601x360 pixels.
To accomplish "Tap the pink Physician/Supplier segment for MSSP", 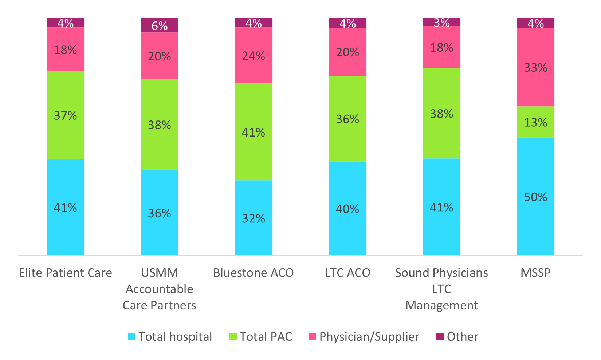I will (535, 87).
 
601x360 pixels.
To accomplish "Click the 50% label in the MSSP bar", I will (535, 197).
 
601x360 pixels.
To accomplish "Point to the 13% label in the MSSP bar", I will (535, 122).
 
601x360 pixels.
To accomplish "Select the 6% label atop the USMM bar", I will (160, 26).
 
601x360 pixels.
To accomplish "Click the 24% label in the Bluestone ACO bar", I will (253, 56).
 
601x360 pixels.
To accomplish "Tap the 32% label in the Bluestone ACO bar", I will (253, 218).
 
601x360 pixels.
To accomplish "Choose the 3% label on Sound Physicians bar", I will (441, 23).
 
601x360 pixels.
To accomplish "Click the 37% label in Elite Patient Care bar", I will (66, 115).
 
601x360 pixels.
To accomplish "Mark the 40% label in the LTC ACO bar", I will (347, 209).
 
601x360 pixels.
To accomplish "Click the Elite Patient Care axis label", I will (66, 273).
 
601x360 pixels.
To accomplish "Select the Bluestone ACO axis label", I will (253, 273).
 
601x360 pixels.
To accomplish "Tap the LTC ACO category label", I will (347, 273).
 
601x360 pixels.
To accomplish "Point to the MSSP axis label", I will (535, 273).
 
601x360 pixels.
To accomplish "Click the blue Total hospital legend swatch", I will (132, 337).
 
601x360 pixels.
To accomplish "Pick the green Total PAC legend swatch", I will (233, 337).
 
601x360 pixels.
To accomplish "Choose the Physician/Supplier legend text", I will (369, 337).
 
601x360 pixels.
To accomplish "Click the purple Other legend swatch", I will (440, 337).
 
